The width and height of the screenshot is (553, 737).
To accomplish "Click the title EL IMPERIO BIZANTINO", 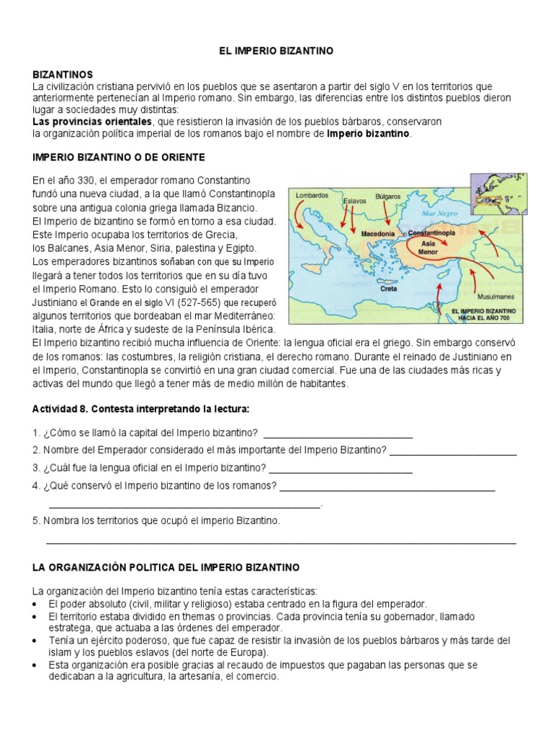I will coord(277,51).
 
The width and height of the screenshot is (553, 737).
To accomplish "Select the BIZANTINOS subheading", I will coord(63,75).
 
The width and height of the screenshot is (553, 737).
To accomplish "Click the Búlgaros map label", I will coord(388,195).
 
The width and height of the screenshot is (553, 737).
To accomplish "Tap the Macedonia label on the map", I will coord(377,234).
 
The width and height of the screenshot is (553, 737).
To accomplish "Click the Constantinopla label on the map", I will coord(441,234).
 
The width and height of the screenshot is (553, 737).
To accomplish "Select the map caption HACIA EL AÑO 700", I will coord(483,317).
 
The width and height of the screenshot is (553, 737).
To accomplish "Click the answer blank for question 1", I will coord(338,434).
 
